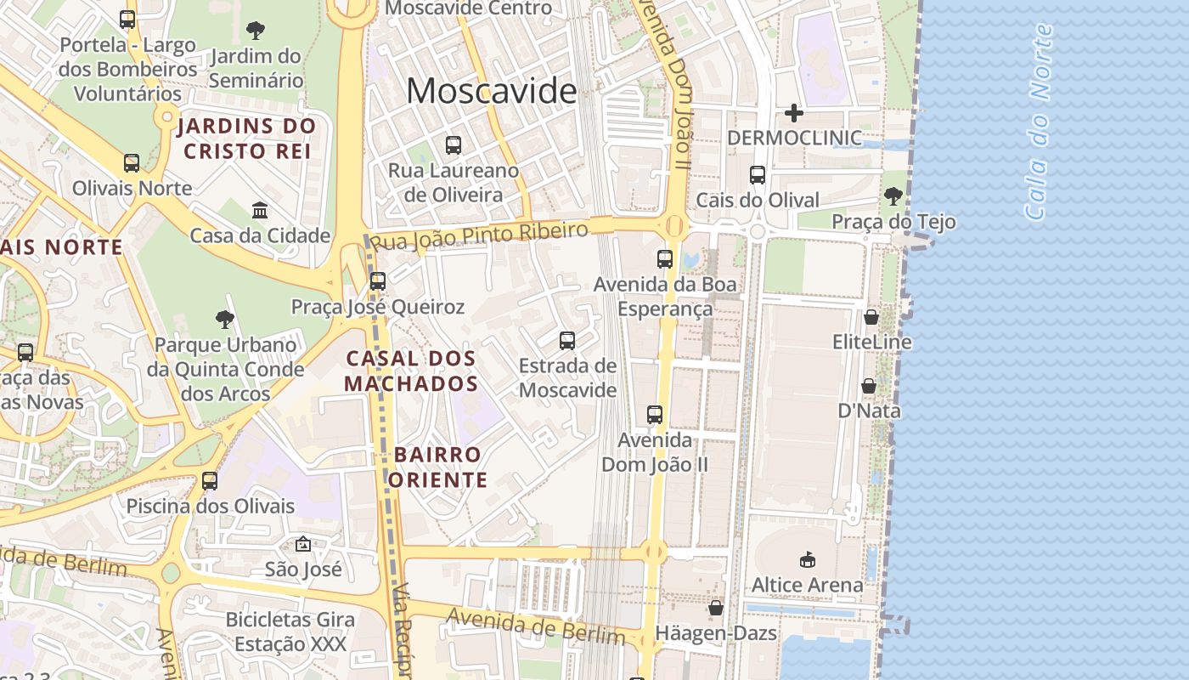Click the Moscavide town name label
coord(491,90)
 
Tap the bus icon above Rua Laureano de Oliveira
coord(454,145)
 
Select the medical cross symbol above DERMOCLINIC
coord(794,112)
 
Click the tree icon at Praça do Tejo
coord(893,196)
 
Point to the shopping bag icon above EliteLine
coord(871,317)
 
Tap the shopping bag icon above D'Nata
coord(869,386)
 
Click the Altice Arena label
coord(807,585)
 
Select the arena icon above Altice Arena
coord(807,559)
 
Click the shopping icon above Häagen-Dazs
coord(716,609)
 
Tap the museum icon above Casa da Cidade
coord(260,210)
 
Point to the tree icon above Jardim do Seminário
coord(256,31)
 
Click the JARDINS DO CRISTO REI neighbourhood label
coord(247,139)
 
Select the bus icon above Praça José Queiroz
coord(378,280)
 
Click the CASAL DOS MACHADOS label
coord(411,371)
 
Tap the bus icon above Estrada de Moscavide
coord(567,341)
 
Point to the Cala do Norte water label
coord(1038,123)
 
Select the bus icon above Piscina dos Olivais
coord(210,481)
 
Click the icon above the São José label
coord(303,544)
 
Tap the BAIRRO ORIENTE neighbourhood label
coord(438,467)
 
